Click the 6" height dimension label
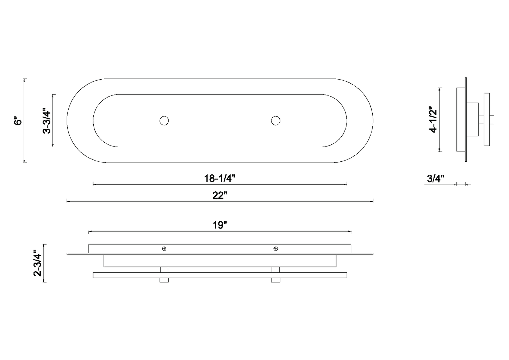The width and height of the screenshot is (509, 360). (x=18, y=121)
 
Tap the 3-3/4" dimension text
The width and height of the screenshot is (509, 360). (x=46, y=121)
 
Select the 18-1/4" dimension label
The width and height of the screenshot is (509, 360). (x=219, y=178)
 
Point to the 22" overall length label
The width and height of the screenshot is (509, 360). (x=220, y=195)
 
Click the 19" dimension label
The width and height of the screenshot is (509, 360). (x=220, y=225)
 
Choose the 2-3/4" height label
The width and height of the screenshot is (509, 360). (x=37, y=263)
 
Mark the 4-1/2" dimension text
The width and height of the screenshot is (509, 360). (x=433, y=119)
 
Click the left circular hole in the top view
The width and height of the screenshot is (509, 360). (x=164, y=121)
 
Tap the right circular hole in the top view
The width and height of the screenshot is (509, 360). (x=275, y=121)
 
